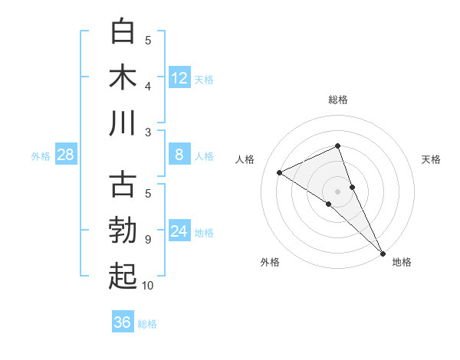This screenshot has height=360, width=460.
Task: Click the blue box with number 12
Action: coord(179,77)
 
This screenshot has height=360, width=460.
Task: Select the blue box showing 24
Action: coord(179,231)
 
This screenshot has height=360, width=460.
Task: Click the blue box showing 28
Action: coord(66,155)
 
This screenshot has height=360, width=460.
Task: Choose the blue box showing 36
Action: coord(123,322)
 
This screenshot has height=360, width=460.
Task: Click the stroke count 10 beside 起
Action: coord(147,286)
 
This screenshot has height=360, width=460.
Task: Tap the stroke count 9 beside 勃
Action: coord(147,240)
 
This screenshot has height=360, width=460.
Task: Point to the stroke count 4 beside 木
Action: coord(147,86)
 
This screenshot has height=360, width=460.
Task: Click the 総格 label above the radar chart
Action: coord(338,100)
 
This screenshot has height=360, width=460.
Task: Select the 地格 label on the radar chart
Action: coord(402,262)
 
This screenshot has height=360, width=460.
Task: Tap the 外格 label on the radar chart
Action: coord(270,262)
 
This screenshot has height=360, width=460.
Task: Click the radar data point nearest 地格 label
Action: coord(383,252)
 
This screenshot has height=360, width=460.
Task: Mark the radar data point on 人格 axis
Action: coord(280,172)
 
